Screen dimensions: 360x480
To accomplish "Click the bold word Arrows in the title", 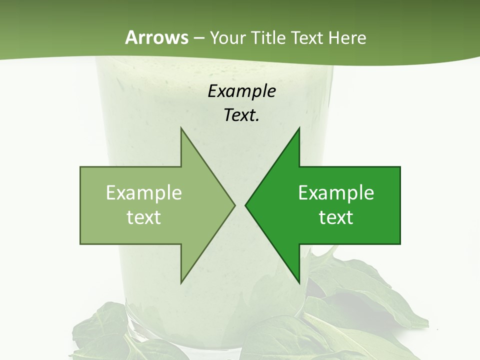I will tap(156, 37).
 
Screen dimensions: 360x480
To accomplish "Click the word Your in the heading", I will tap(228, 38).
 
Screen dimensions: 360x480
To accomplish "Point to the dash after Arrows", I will tap(198, 38).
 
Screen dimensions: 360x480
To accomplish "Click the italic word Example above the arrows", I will tap(241, 91).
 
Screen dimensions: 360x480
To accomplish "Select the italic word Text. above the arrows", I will tap(241, 115).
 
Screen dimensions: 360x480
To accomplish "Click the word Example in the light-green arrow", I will tap(143, 193).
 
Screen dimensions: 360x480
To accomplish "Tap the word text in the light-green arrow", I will tap(143, 217).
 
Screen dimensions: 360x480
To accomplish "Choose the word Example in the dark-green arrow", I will tap(336, 193).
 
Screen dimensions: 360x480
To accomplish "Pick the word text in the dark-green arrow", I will tap(336, 217).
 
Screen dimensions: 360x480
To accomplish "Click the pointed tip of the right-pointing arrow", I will tap(234, 205).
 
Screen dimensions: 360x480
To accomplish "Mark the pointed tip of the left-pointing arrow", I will tap(245, 205).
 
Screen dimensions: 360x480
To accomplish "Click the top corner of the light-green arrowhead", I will tap(181, 128).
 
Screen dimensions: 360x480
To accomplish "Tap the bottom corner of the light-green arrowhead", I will tap(181, 282).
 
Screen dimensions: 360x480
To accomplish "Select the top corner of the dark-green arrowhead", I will tap(299, 128).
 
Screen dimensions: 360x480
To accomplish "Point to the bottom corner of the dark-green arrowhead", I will tap(299, 282).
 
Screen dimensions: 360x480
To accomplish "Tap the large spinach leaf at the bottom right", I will tap(370, 300).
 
